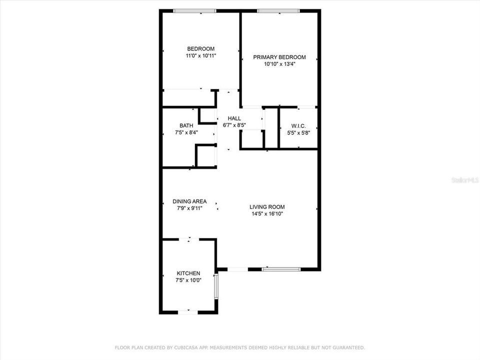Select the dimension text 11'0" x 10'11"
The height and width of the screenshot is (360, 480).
pos(200,56)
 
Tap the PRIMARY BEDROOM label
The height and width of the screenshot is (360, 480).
pos(279,57)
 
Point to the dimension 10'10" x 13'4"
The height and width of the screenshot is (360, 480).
pos(279,64)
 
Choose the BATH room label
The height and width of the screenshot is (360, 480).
pos(186,125)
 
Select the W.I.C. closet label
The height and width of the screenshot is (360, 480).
pos(298,126)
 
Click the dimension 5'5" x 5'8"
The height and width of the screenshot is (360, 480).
pos(298,133)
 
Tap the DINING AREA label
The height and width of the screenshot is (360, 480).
pos(189,201)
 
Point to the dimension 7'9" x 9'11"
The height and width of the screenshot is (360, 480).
pos(189,208)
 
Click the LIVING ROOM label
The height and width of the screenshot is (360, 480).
pos(267,206)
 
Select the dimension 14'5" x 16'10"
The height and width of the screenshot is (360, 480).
pos(267,214)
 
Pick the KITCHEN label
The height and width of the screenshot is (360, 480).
pos(188,273)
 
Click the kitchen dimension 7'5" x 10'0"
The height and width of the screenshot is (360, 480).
pos(188,280)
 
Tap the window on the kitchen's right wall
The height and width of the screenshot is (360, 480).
pos(216,286)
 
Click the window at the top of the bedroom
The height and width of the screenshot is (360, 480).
pos(194,11)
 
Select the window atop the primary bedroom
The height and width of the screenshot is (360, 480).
pos(278,11)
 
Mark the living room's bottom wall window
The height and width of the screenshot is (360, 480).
pos(281,269)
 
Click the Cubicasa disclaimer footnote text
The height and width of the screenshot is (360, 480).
pos(240,347)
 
